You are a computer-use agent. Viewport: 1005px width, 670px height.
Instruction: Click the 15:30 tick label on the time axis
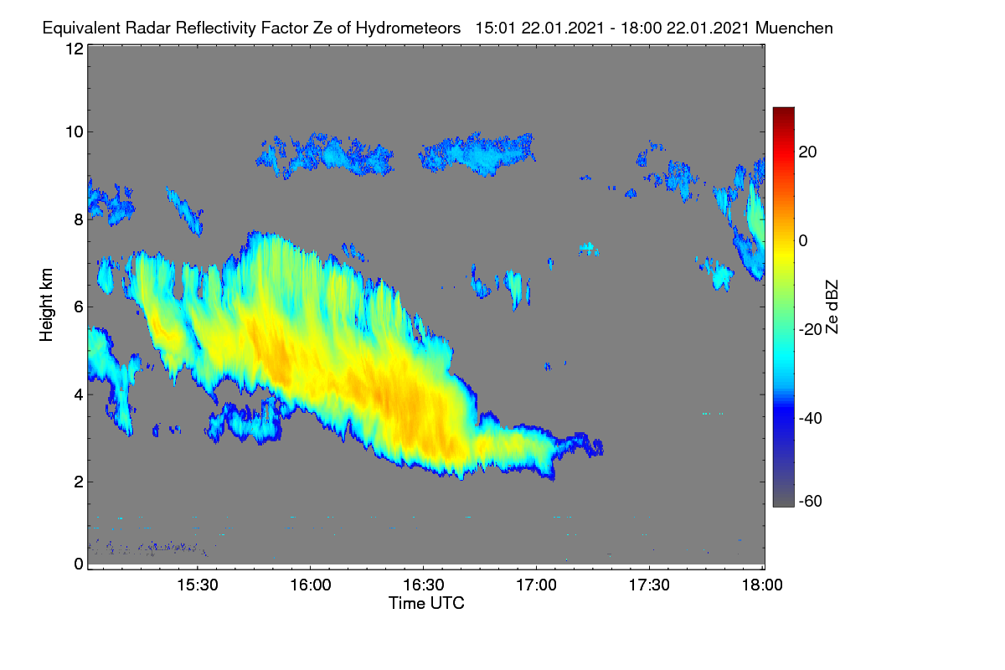pos(198,585)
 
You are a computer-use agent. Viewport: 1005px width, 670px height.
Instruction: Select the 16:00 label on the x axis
pos(311,585)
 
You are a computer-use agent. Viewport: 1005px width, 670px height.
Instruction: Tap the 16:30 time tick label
pos(424,585)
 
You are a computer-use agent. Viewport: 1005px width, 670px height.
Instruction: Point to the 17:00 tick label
pos(536,585)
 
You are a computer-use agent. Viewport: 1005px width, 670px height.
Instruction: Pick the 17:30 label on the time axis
pos(649,585)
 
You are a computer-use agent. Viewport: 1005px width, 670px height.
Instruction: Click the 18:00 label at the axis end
pos(762,585)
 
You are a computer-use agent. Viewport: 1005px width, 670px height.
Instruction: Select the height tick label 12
pos(75,49)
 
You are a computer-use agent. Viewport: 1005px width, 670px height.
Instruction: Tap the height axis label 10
pos(75,132)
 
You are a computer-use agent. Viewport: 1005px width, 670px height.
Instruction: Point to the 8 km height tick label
pos(79,219)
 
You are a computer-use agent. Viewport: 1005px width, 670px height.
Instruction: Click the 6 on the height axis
pos(79,307)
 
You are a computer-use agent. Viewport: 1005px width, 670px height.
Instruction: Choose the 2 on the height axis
pos(79,482)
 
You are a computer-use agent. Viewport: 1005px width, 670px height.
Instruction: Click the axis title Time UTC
pos(426,603)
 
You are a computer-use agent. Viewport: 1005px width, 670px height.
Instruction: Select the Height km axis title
pos(46,305)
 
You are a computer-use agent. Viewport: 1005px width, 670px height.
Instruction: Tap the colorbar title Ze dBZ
pos(832,307)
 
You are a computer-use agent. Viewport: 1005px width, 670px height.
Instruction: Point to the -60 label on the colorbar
pos(811,501)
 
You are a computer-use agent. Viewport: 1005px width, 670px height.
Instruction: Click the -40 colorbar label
pos(811,418)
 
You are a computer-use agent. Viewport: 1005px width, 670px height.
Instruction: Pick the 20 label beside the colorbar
pos(807,152)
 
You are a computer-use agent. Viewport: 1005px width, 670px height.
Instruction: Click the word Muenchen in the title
pos(794,28)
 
